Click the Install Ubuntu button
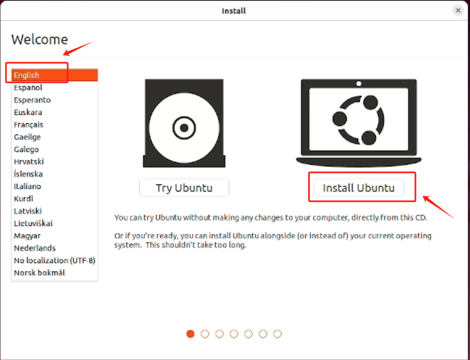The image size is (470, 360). tap(359, 188)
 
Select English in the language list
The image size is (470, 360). tap(26, 75)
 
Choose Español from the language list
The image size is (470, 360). tap(28, 87)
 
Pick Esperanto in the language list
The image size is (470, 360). tap(32, 100)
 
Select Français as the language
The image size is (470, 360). tap(28, 124)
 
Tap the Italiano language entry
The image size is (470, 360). tap(27, 187)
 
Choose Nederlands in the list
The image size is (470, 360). tap(34, 248)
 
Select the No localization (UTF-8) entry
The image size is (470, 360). tap(55, 260)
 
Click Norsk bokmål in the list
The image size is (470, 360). tap(39, 273)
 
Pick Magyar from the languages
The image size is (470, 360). tap(27, 236)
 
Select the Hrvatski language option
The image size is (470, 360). tap(29, 161)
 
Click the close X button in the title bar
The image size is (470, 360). tap(458, 10)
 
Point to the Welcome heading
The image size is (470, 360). tap(39, 39)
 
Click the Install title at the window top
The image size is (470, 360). tap(234, 11)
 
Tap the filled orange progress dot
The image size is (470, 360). tap(191, 334)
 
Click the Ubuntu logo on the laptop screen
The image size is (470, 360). tap(359, 120)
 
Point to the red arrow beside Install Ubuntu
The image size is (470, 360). tap(438, 207)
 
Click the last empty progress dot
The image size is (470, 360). tap(277, 334)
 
